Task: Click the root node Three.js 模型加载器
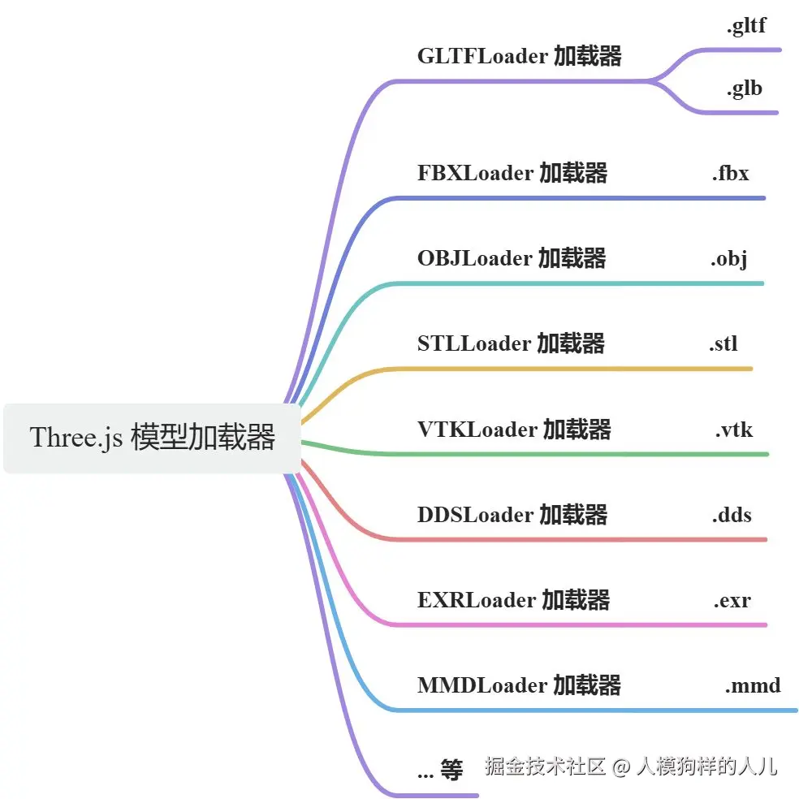tap(153, 438)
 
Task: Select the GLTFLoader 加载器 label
tap(520, 56)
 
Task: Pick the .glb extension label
tap(744, 89)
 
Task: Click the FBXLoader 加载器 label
tap(512, 173)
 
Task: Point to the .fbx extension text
tap(730, 173)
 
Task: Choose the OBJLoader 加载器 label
tap(512, 258)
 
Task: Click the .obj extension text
tap(728, 258)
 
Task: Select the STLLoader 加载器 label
tap(511, 343)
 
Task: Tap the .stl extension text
tap(723, 343)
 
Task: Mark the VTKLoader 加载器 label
tap(514, 430)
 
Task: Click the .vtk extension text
tap(733, 430)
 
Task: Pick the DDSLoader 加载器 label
tap(512, 515)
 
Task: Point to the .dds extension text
tap(732, 515)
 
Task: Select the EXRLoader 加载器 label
tap(513, 600)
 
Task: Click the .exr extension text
tap(732, 600)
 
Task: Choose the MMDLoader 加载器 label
tap(519, 685)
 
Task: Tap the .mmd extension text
tap(752, 685)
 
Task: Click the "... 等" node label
tap(439, 770)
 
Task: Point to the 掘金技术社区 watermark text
tap(546, 766)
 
